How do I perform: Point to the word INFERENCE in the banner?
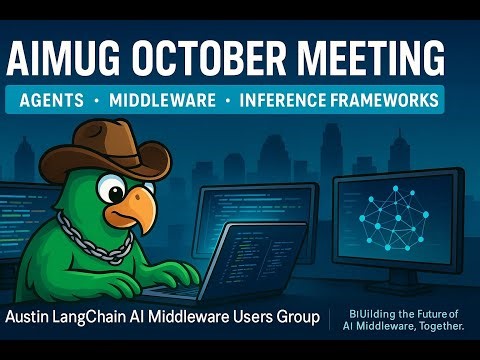[290, 101]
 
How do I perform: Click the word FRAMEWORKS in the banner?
[390, 101]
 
